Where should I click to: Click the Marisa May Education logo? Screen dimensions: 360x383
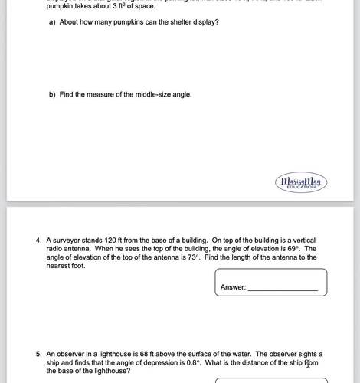click(x=299, y=183)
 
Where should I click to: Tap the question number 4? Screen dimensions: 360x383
click(x=38, y=240)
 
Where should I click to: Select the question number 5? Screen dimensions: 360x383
click(x=38, y=354)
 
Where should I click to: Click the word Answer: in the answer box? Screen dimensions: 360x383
click(x=233, y=287)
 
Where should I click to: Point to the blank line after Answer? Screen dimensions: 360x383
click(x=283, y=288)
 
